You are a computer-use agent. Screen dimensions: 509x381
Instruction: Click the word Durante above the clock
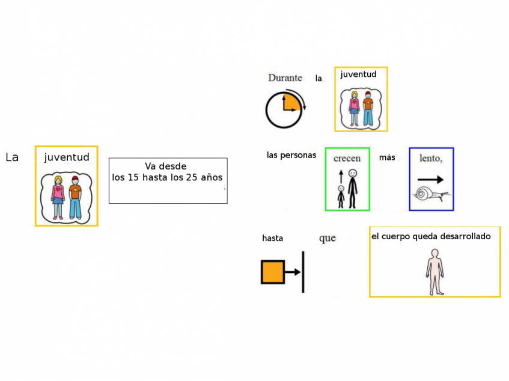[285, 78]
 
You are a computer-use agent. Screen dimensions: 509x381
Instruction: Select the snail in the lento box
[431, 194]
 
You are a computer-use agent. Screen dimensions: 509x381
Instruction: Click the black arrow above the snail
[430, 180]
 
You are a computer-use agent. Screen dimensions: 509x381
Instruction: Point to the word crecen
[347, 159]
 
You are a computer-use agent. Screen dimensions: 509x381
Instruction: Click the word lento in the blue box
[430, 158]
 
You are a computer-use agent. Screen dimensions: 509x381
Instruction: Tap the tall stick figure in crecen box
[353, 189]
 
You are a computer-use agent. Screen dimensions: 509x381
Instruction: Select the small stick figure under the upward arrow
[341, 197]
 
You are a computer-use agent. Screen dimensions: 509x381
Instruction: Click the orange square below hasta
[273, 272]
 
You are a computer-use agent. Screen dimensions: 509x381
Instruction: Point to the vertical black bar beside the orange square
[303, 272]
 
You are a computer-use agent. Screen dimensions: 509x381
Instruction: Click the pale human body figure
[435, 272]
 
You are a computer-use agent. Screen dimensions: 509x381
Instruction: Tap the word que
[327, 239]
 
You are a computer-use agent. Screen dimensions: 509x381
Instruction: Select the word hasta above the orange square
[272, 238]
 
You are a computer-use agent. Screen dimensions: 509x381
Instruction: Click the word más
[387, 157]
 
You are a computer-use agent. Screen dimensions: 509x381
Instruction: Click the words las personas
[291, 156]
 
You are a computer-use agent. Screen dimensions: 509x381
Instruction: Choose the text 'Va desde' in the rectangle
[165, 166]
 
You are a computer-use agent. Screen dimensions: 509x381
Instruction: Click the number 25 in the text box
[191, 177]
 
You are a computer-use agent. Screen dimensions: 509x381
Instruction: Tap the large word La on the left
[12, 157]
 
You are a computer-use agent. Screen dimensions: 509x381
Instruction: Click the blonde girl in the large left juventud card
[58, 198]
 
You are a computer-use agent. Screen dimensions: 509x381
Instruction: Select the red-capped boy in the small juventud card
[368, 109]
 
